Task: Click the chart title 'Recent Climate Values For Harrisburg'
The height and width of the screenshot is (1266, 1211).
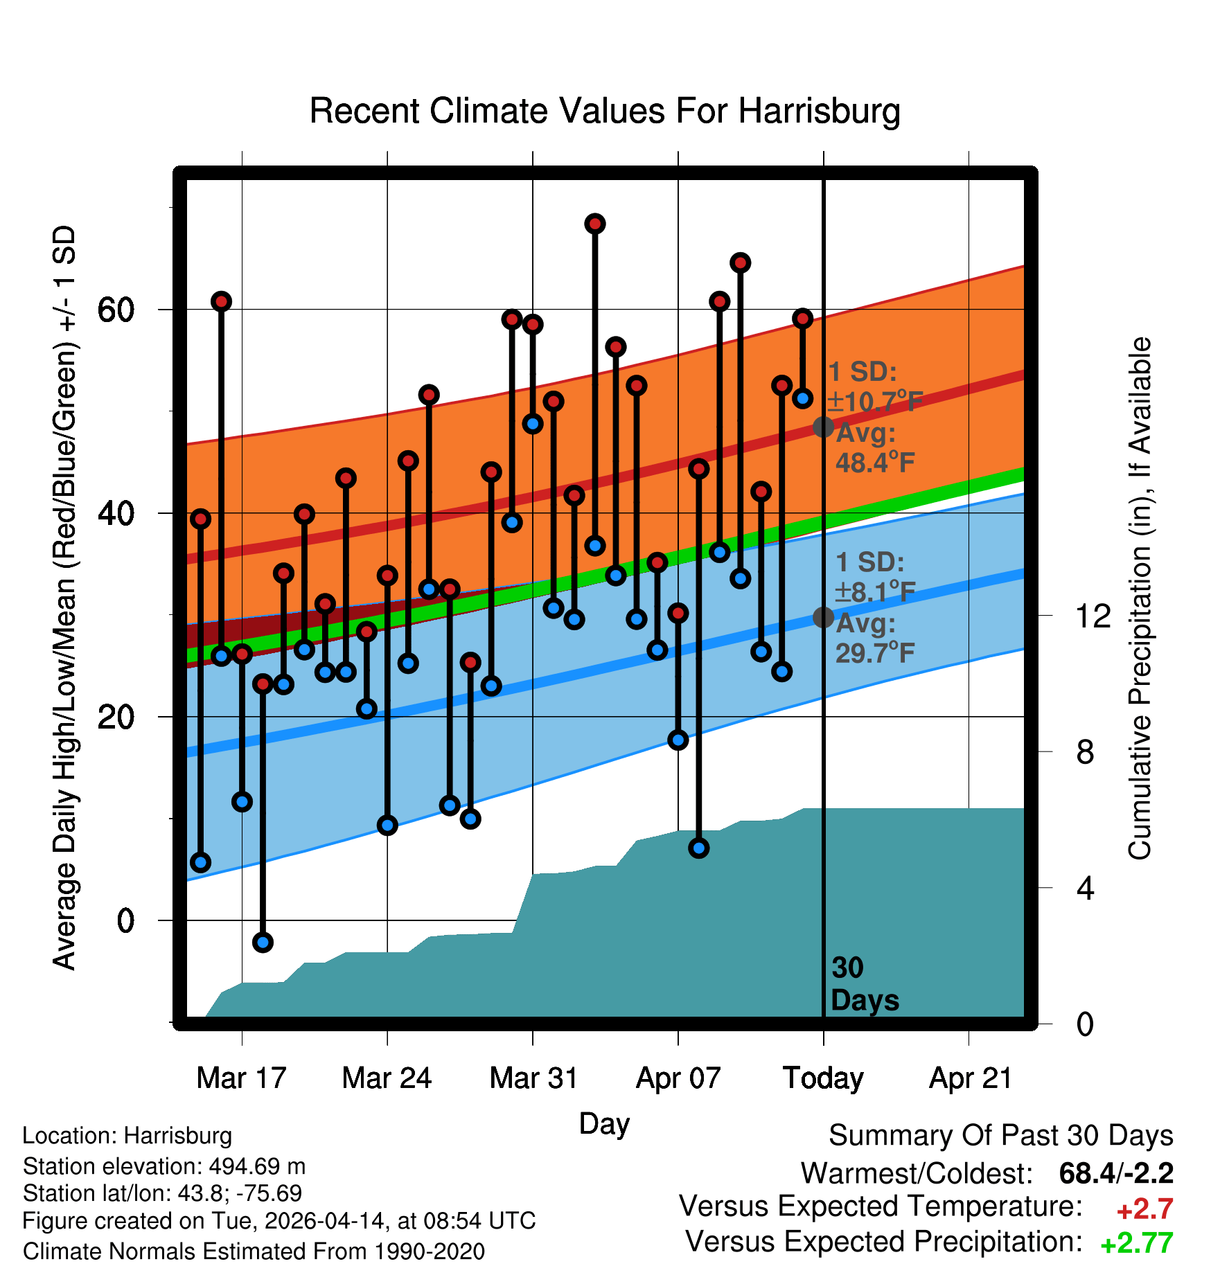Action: click(x=605, y=111)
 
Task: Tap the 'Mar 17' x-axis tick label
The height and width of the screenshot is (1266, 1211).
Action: click(x=241, y=1078)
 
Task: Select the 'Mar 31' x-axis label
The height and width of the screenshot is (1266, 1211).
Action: click(x=533, y=1078)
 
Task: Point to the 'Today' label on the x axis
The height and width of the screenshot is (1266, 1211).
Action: click(x=823, y=1078)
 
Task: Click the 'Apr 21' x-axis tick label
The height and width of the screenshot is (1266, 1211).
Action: click(x=970, y=1078)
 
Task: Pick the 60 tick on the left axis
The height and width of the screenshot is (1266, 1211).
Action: click(x=116, y=310)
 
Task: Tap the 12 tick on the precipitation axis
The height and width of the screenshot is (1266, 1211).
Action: click(x=1093, y=616)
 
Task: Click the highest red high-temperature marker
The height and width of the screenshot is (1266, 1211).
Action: click(x=595, y=224)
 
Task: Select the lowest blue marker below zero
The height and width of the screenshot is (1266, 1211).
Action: click(x=263, y=942)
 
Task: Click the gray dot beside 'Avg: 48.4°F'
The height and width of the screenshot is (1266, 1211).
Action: click(x=823, y=427)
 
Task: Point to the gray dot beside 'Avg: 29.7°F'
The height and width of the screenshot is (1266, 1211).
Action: click(x=823, y=616)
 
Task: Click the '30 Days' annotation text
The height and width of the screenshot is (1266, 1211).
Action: click(x=863, y=984)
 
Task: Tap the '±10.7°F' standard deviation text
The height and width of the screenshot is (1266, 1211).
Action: click(x=874, y=401)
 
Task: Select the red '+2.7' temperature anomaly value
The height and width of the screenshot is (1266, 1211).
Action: click(x=1144, y=1209)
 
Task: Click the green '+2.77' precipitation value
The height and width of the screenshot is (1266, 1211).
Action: click(x=1136, y=1243)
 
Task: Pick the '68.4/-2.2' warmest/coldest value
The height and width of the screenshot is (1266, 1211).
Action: click(x=1116, y=1173)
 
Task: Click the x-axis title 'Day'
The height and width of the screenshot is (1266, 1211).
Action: click(x=604, y=1123)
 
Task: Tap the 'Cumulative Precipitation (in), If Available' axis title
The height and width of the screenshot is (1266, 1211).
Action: click(x=1140, y=599)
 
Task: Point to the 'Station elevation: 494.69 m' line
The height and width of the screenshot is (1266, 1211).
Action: click(x=164, y=1166)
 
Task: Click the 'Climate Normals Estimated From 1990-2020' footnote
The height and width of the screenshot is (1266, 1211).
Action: click(x=254, y=1251)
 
